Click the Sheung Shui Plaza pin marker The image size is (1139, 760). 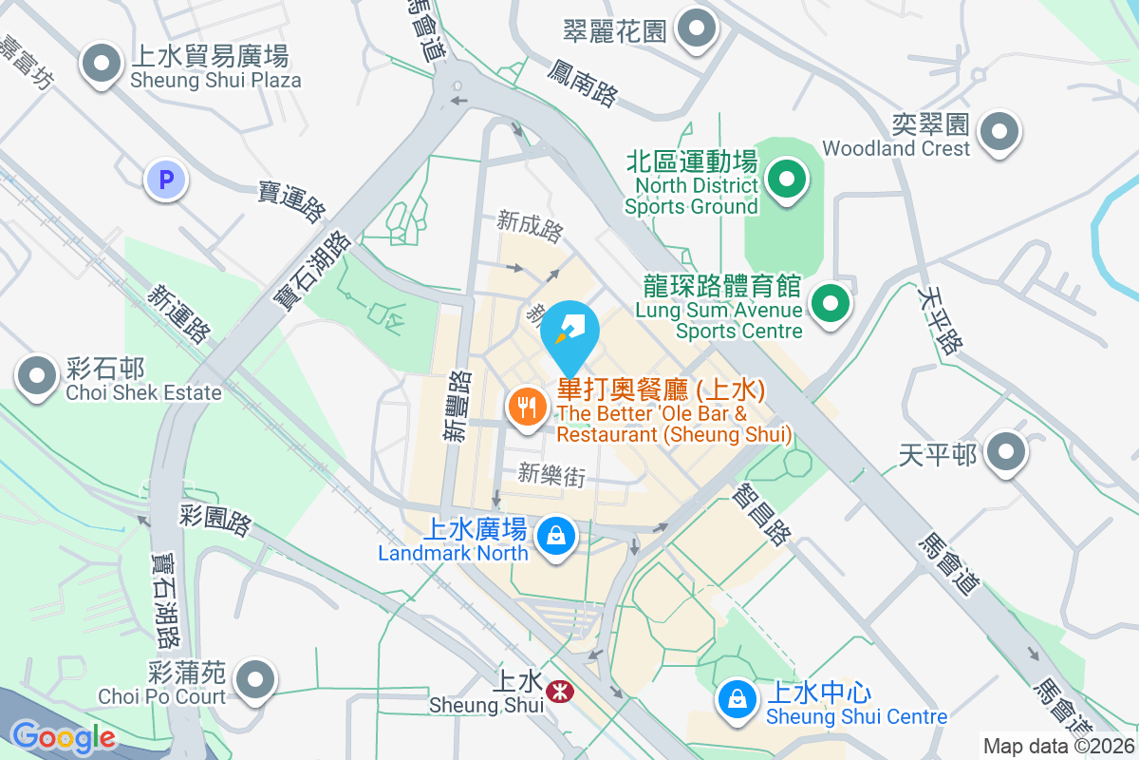(100, 66)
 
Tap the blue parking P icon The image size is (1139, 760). (167, 180)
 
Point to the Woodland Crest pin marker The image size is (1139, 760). (999, 132)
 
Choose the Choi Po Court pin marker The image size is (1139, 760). (254, 680)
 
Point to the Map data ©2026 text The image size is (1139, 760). (1057, 746)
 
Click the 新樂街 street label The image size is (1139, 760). (551, 475)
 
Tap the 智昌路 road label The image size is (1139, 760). (761, 513)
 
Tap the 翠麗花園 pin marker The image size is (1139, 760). (698, 29)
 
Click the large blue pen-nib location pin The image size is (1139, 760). (569, 332)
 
